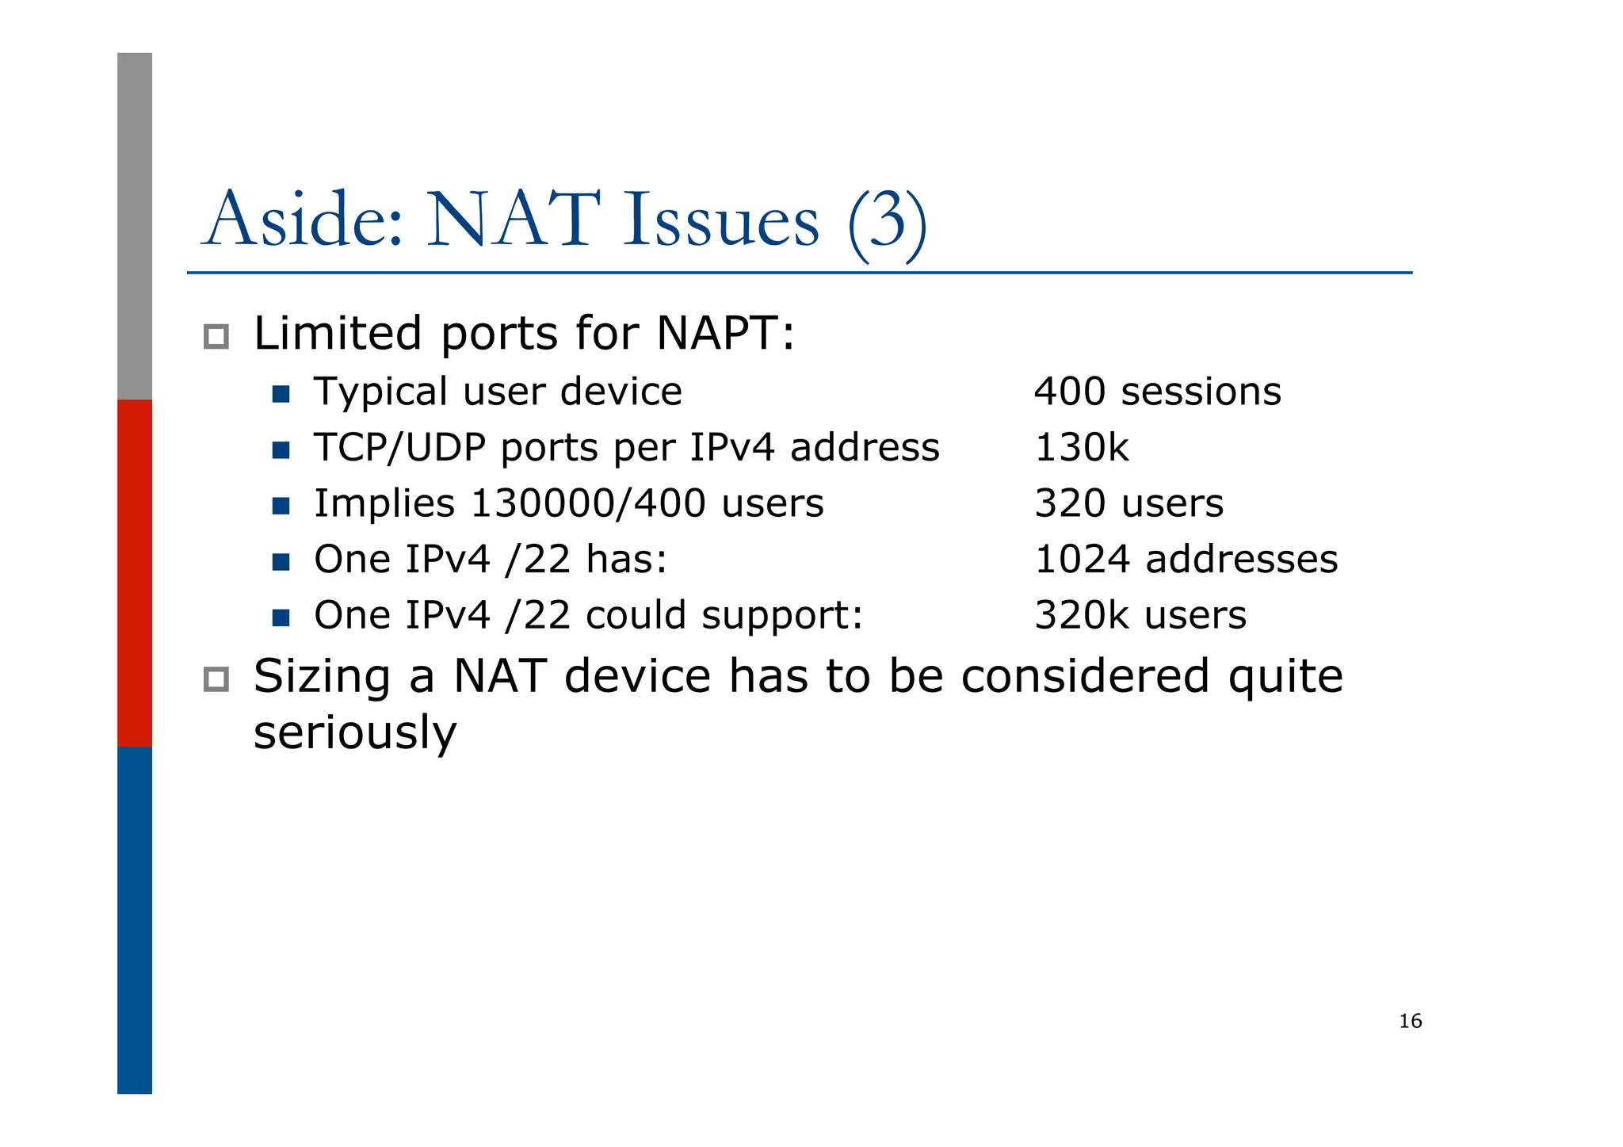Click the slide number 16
[1410, 1021]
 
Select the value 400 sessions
[1157, 392]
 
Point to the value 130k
[1081, 448]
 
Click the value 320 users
[1128, 503]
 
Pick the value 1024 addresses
[1186, 560]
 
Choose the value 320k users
[1140, 615]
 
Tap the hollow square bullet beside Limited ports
[216, 336]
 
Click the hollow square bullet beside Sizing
[216, 679]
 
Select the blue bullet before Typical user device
[281, 394]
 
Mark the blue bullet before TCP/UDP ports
[281, 450]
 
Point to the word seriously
[355, 732]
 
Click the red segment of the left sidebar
[135, 572]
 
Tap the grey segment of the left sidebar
[135, 226]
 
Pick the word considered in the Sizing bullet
[1085, 677]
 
